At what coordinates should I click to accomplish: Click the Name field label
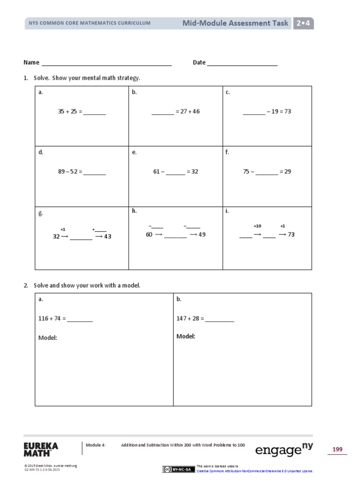tap(31, 62)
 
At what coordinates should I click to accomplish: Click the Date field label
tap(199, 62)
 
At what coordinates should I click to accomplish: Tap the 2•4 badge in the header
tap(303, 23)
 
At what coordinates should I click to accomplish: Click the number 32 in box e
tap(194, 172)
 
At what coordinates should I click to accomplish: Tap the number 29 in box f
tap(287, 172)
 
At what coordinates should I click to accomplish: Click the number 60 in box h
tap(149, 234)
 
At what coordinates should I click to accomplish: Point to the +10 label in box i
tap(257, 226)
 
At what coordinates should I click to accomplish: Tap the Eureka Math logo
tap(42, 449)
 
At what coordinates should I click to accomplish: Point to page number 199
tap(337, 450)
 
